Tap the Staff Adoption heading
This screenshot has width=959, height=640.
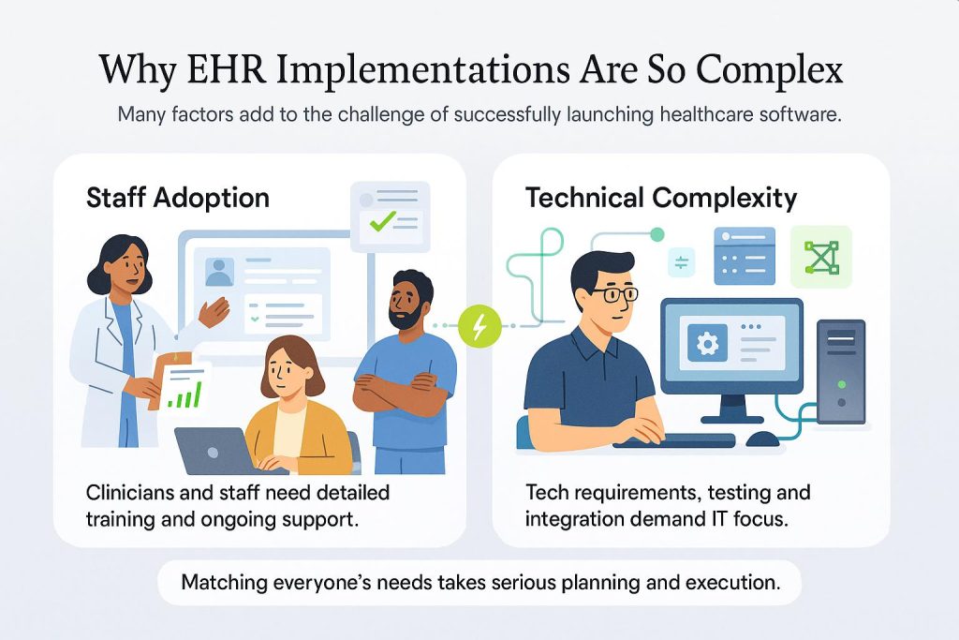coord(178,198)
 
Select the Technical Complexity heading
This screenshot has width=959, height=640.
coord(661,198)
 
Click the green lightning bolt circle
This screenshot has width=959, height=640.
coord(480,327)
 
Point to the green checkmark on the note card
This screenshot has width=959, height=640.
coord(382,222)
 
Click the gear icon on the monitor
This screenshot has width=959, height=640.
coord(706,343)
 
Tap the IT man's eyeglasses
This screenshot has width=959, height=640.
coord(615,294)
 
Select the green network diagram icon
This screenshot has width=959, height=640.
coord(821,256)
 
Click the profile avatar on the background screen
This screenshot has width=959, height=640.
coord(219,272)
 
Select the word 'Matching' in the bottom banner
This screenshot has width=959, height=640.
coord(223,582)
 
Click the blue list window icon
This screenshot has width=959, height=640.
coord(745,255)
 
